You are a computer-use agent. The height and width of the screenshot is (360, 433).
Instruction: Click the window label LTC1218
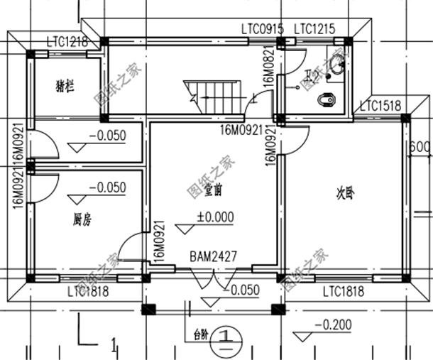click(x=67, y=42)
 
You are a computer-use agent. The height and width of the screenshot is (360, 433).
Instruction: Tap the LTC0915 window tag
click(x=262, y=29)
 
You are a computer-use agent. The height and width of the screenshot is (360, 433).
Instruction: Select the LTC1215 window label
click(x=314, y=29)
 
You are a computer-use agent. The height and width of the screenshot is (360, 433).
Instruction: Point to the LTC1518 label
click(x=380, y=107)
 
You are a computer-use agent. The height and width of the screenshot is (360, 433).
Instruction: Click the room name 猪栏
click(x=65, y=87)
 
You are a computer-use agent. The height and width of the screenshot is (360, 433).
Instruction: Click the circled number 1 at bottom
click(x=225, y=334)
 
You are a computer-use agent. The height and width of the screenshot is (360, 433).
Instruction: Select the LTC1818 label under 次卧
click(x=344, y=291)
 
